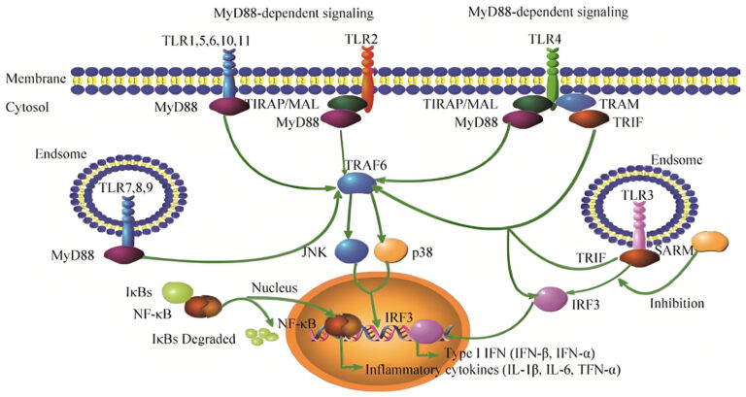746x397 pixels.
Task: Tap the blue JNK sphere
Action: tap(350, 251)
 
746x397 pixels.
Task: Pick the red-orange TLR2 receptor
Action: tap(370, 87)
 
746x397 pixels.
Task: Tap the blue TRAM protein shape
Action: tap(577, 101)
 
